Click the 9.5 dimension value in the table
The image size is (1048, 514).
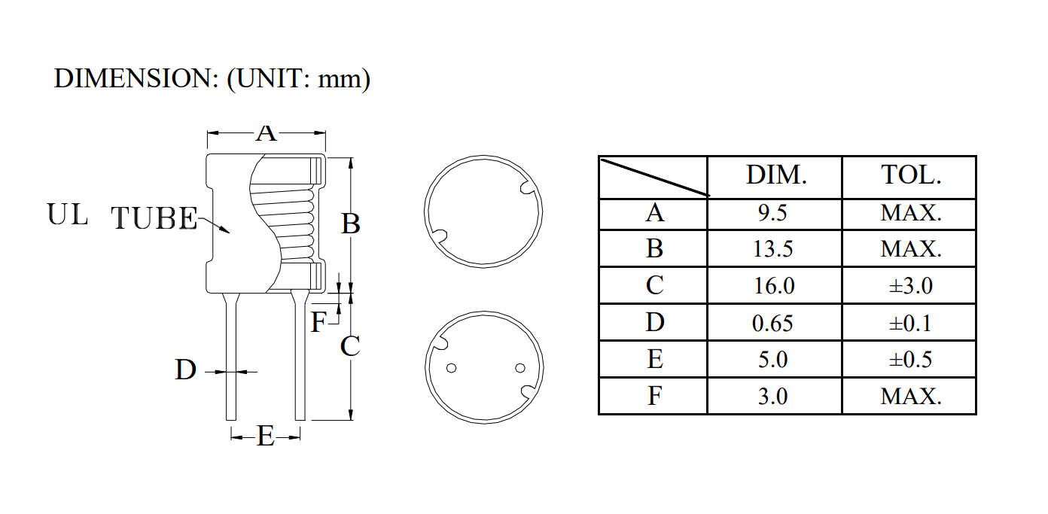click(773, 213)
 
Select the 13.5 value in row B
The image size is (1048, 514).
click(773, 249)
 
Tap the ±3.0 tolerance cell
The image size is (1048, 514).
click(910, 286)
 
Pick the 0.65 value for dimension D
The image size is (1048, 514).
click(773, 323)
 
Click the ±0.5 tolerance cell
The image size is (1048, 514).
click(910, 360)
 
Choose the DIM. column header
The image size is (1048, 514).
click(776, 176)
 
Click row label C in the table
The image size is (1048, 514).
click(654, 286)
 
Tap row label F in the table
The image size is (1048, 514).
click(654, 396)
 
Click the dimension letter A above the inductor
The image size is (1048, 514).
click(266, 133)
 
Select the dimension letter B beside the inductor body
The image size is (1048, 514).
click(351, 224)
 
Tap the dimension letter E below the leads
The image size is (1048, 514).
click(266, 436)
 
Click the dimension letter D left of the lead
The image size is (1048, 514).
click(186, 370)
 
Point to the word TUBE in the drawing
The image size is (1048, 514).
click(154, 218)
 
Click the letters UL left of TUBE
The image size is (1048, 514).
click(68, 214)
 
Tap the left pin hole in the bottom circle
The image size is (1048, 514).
click(452, 369)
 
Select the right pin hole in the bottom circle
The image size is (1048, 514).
click(519, 368)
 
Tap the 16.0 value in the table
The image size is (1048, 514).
click(773, 286)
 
